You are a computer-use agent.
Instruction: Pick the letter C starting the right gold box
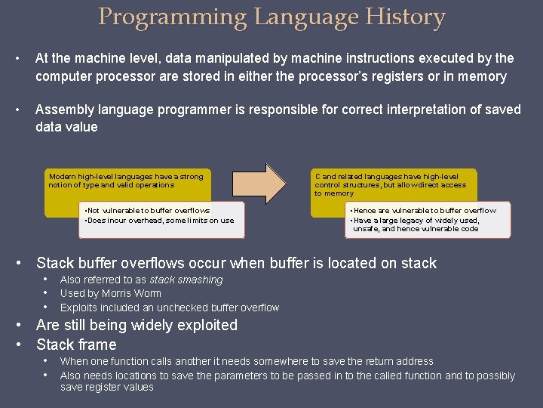318,177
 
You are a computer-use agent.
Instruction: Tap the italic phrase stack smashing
186,280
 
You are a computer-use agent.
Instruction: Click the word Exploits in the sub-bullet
78,308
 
